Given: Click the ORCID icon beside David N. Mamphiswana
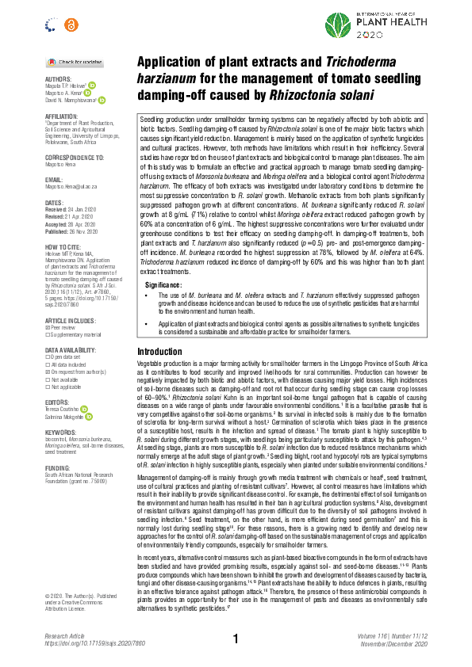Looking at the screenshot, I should (x=101, y=100).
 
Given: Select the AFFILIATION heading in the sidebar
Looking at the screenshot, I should (x=62, y=116).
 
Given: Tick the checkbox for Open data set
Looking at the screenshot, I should (x=48, y=359).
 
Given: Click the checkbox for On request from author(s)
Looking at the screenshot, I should (x=48, y=372).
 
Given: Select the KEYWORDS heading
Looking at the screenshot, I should (x=61, y=433).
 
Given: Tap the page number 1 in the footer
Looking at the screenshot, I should (x=236, y=638).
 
